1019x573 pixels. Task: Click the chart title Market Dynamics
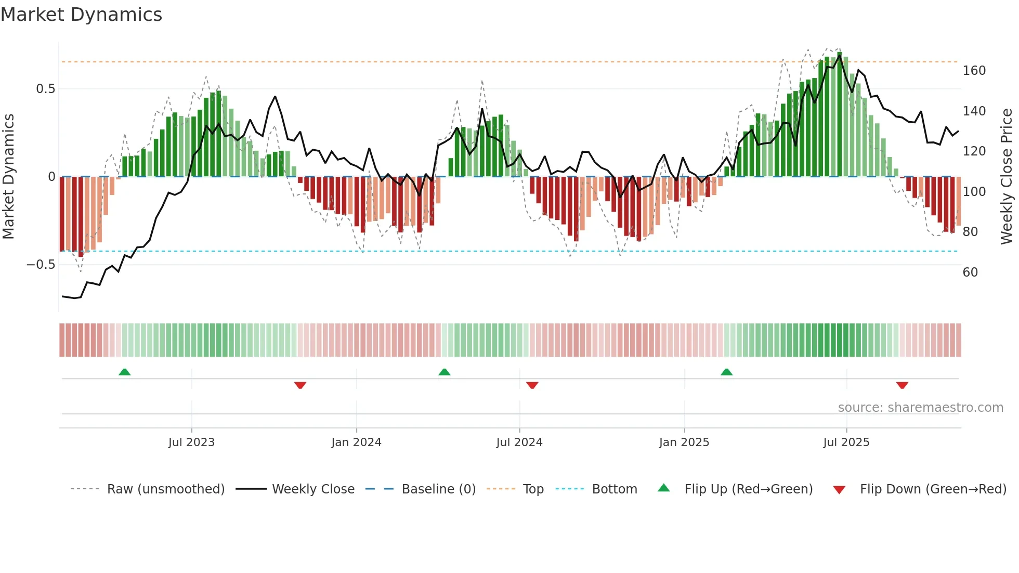(81, 15)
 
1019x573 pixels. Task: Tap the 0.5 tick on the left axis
(45, 89)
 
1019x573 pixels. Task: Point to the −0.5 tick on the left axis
(41, 265)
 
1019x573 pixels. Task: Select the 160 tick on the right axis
(974, 71)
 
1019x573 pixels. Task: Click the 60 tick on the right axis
(970, 272)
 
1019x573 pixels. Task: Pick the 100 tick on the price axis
(974, 192)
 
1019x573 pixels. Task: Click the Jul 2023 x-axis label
(191, 442)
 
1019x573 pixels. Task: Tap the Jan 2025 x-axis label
(684, 442)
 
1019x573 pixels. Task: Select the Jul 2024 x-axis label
(519, 442)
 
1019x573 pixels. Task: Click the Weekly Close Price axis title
(1007, 177)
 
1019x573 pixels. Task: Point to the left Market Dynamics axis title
(8, 177)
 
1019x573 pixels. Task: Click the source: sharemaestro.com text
(920, 408)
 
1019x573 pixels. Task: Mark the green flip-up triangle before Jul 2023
(124, 372)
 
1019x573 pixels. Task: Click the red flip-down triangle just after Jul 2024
(532, 385)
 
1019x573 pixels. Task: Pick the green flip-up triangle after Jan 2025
(726, 372)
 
